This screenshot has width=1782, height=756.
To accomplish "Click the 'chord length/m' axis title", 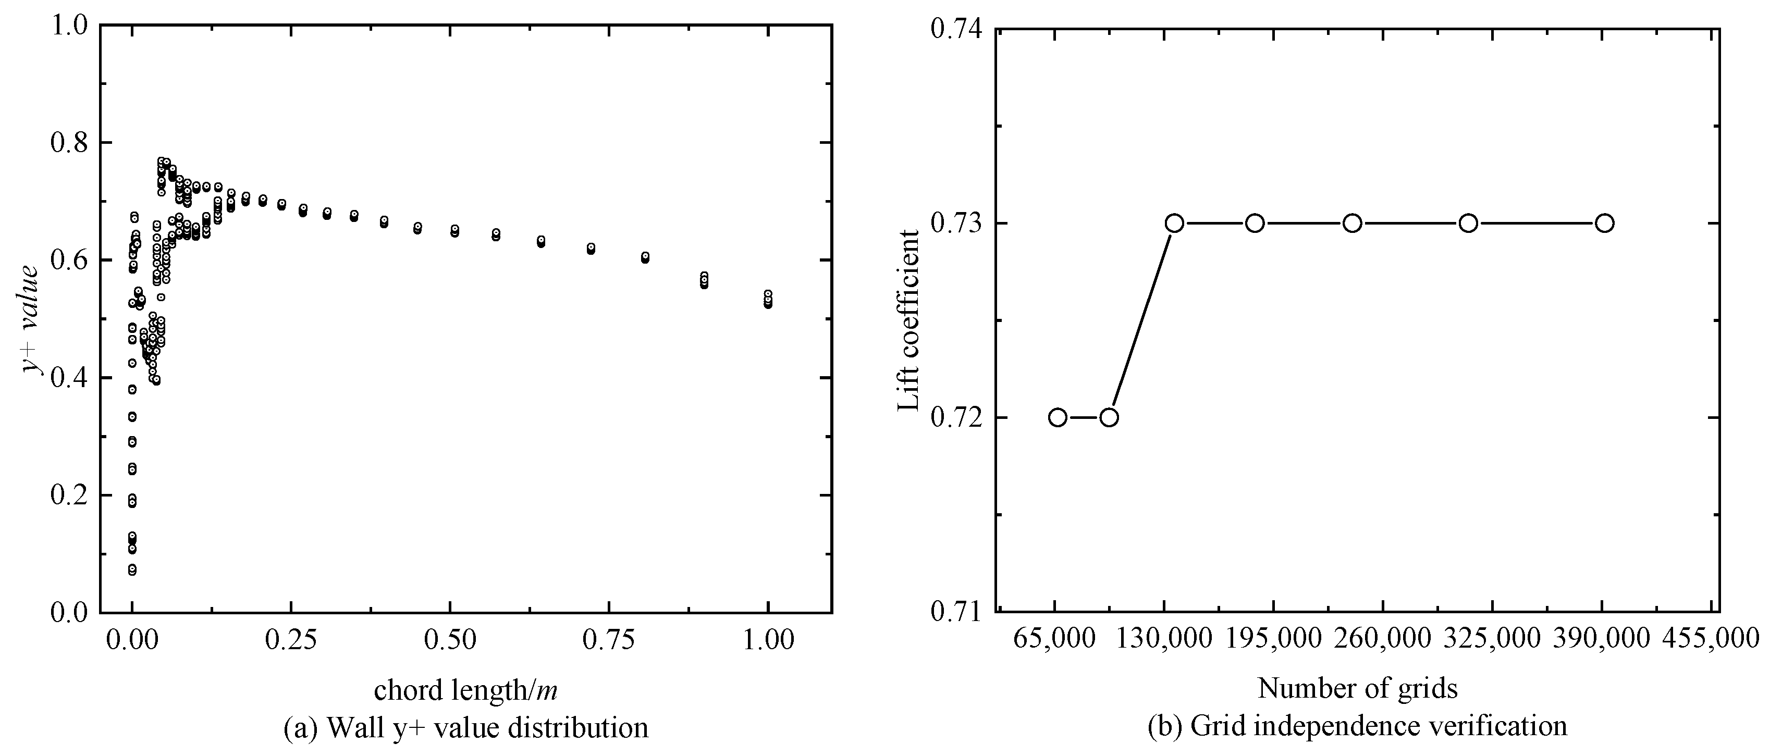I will pyautogui.click(x=465, y=690).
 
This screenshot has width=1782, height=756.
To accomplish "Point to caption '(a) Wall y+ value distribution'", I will pyautogui.click(x=465, y=728).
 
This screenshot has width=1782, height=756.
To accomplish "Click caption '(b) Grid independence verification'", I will pyautogui.click(x=1357, y=726).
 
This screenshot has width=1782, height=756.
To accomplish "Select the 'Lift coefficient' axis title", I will pyautogui.click(x=908, y=320).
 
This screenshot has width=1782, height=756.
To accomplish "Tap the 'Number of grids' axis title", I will pyautogui.click(x=1357, y=688).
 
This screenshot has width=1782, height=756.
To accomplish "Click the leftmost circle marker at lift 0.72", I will pyautogui.click(x=1057, y=417).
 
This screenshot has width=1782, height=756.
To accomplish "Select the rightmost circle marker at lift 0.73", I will pyautogui.click(x=1605, y=222).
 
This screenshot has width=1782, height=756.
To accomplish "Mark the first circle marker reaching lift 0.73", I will pyautogui.click(x=1174, y=222).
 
